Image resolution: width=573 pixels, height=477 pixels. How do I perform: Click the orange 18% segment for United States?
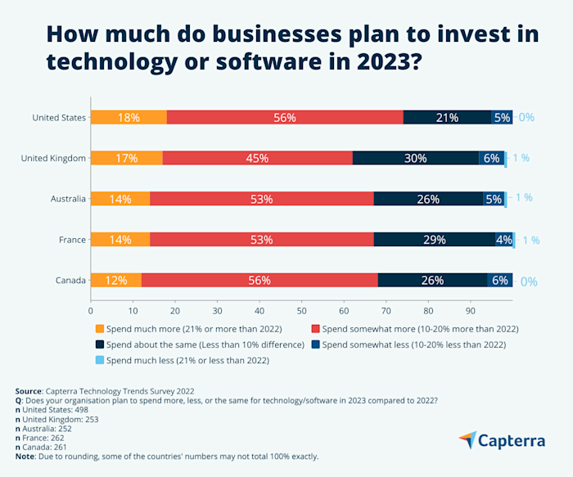coord(129,117)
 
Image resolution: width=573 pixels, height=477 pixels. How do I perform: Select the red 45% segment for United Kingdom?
coord(257,158)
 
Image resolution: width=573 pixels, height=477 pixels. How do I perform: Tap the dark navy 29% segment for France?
coord(434,239)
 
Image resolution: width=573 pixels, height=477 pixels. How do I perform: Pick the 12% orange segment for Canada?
coord(115,280)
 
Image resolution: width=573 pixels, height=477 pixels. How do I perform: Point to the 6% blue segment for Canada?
coord(499,280)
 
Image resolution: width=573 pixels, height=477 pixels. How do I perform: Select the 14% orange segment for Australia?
coord(120,198)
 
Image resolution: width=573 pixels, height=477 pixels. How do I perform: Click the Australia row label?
coord(65,198)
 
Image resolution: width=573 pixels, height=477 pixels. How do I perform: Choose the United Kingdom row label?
coord(53,158)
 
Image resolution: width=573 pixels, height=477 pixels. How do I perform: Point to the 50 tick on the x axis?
coord(301,311)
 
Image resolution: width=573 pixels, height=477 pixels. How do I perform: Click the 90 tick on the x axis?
coord(470,311)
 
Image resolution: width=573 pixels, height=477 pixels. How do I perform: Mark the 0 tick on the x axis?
coord(90,311)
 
